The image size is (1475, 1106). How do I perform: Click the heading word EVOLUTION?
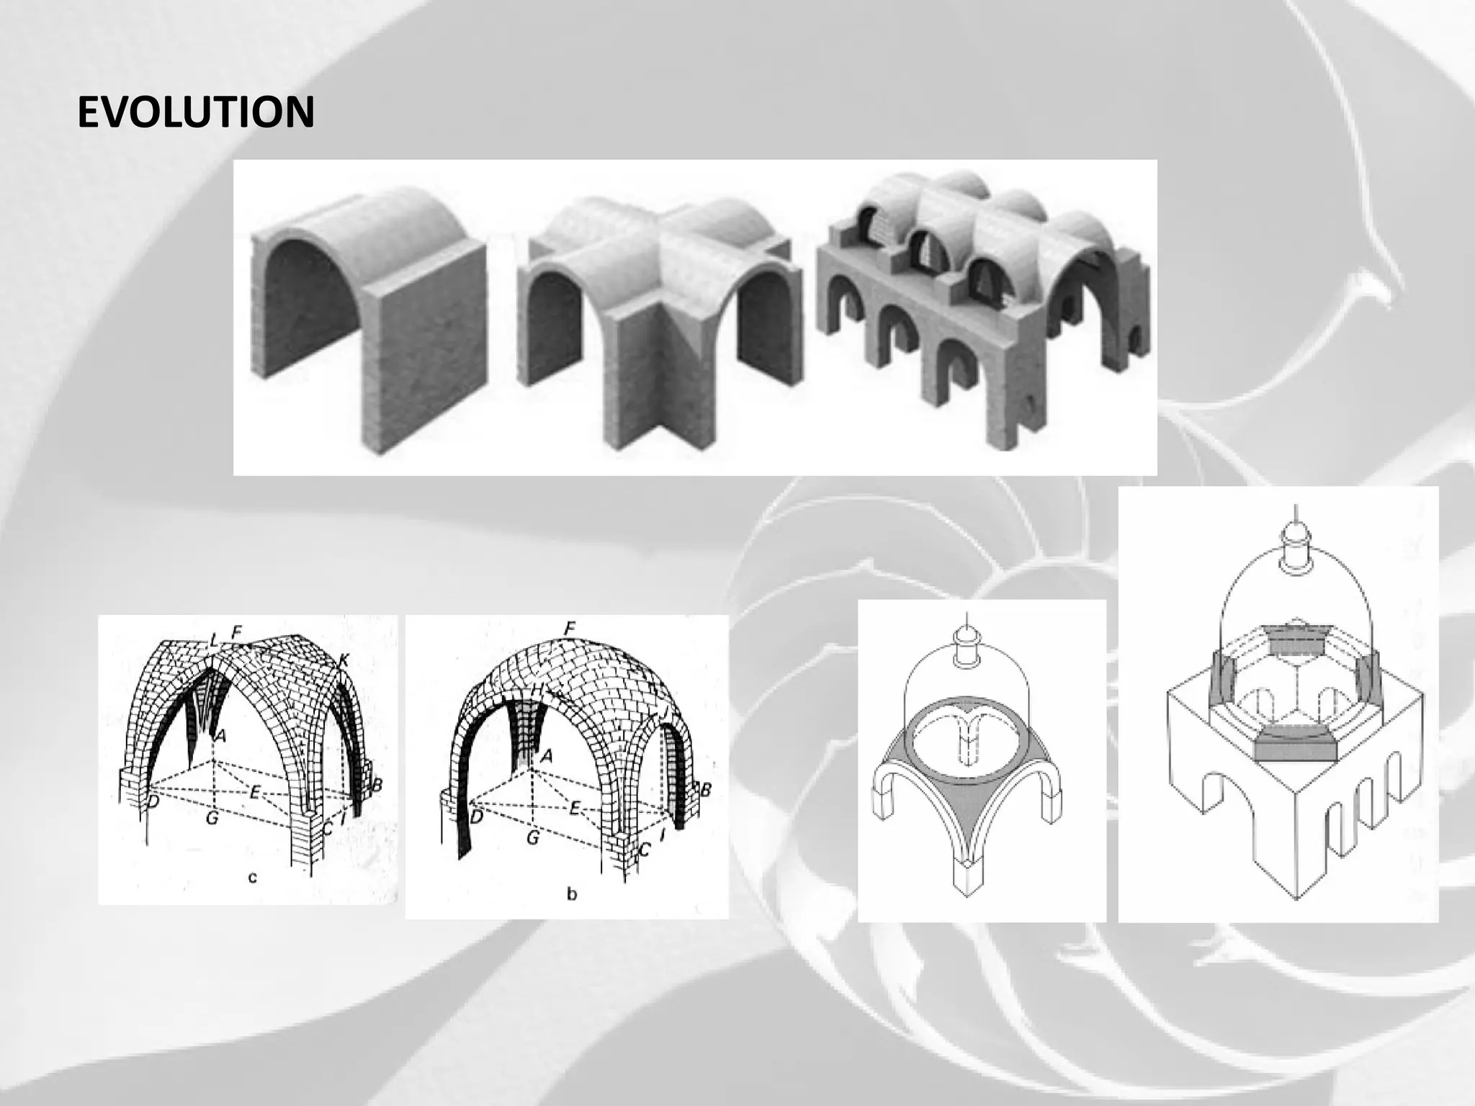195,112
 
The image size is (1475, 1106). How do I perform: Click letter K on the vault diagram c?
344,659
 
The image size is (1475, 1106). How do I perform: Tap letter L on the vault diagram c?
213,637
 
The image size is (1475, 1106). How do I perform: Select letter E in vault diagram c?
254,792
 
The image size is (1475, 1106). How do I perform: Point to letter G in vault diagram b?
532,837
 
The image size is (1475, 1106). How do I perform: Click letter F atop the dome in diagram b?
570,629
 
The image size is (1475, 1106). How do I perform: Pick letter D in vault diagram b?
476,817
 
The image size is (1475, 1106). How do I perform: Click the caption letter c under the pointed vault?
252,877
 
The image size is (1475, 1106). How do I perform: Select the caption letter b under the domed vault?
572,895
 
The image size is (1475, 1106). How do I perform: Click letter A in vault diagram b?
547,755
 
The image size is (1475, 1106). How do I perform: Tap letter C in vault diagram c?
327,828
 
